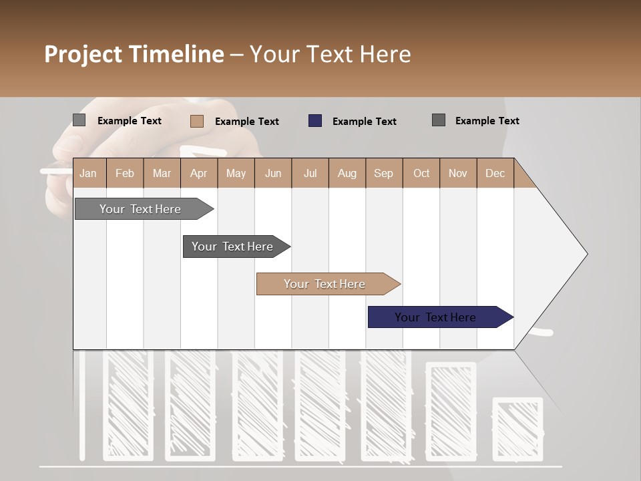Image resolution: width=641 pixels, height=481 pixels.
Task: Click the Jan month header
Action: point(88,174)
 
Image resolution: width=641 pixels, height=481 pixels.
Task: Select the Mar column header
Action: point(162,174)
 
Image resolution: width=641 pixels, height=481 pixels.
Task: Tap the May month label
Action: point(236,174)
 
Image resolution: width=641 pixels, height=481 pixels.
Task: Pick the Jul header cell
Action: point(310,174)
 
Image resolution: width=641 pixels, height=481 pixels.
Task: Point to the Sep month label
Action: point(383,174)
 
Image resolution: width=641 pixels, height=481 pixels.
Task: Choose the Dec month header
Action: point(495,174)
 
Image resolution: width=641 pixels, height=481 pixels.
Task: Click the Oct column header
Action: point(421,174)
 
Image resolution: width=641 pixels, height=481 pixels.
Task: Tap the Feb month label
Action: point(125,174)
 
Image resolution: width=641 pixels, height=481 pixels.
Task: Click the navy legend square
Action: point(315,121)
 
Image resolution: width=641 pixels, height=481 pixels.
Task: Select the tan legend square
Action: point(197,121)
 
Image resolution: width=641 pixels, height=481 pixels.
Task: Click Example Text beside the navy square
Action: point(364,122)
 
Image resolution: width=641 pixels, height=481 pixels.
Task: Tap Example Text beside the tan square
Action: point(246,122)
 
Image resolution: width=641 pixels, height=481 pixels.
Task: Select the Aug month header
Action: point(347,174)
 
